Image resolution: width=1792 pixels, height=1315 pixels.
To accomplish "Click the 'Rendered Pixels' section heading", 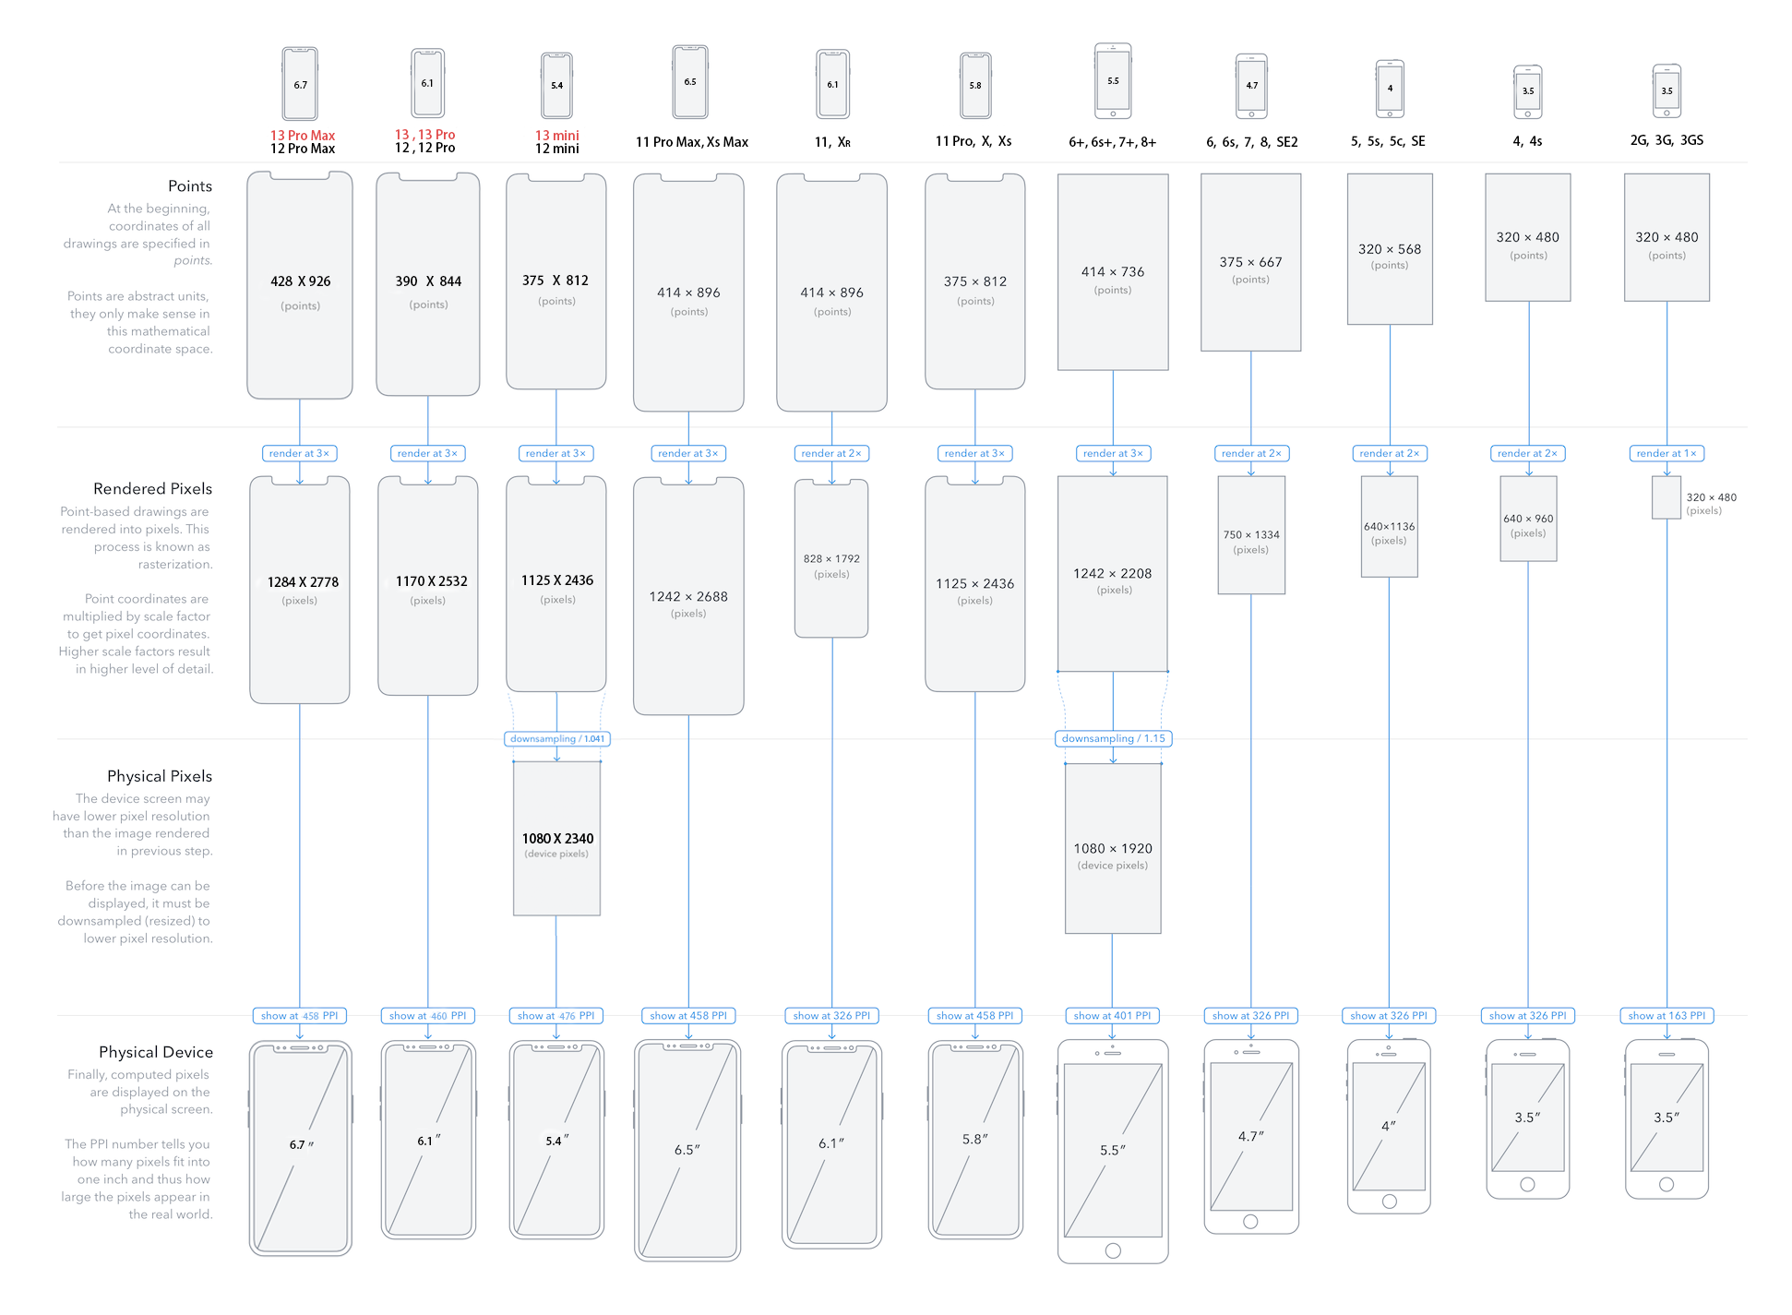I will click(x=152, y=489).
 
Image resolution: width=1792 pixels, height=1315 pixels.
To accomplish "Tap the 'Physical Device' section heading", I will click(x=155, y=1052).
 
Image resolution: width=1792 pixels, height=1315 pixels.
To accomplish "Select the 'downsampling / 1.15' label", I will click(x=1113, y=738).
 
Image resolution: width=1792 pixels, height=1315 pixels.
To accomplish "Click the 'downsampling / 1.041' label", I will click(x=556, y=739).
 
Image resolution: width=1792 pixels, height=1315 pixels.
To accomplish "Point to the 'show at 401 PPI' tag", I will click(x=1112, y=1016).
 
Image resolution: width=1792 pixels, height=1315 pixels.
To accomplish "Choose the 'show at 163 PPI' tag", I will click(x=1667, y=1016).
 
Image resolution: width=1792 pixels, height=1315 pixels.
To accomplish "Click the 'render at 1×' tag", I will click(x=1667, y=453).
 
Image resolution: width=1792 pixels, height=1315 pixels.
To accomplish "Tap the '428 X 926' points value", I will click(x=300, y=281).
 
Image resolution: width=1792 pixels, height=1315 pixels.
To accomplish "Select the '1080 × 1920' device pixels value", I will click(x=1113, y=848).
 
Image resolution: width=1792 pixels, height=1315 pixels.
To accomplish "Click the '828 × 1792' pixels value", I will click(x=831, y=558).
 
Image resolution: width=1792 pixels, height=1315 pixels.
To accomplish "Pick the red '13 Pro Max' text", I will click(x=302, y=136).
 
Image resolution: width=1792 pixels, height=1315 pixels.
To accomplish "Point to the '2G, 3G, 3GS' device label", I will click(x=1667, y=140).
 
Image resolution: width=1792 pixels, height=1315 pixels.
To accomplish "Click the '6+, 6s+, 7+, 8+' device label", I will click(x=1112, y=142).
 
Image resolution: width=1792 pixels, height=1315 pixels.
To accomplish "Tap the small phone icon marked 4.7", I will click(x=1251, y=86).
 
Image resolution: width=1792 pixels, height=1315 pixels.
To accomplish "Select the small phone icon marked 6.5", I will click(x=690, y=82).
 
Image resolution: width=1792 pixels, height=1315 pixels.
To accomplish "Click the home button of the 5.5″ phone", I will click(x=1113, y=1250).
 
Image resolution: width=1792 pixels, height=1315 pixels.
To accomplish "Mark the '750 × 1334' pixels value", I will click(x=1251, y=534).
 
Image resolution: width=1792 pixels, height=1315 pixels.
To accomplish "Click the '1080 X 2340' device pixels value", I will click(x=557, y=839).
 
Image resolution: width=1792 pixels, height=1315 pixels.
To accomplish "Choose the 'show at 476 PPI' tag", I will click(x=556, y=1016).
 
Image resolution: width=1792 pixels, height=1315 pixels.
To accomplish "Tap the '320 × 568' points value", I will click(x=1390, y=249).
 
